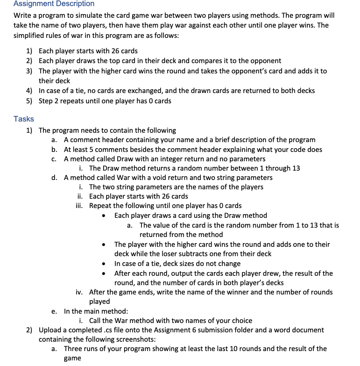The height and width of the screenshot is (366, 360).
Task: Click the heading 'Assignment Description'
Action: [x=54, y=4]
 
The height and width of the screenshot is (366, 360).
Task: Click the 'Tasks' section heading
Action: [x=24, y=119]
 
